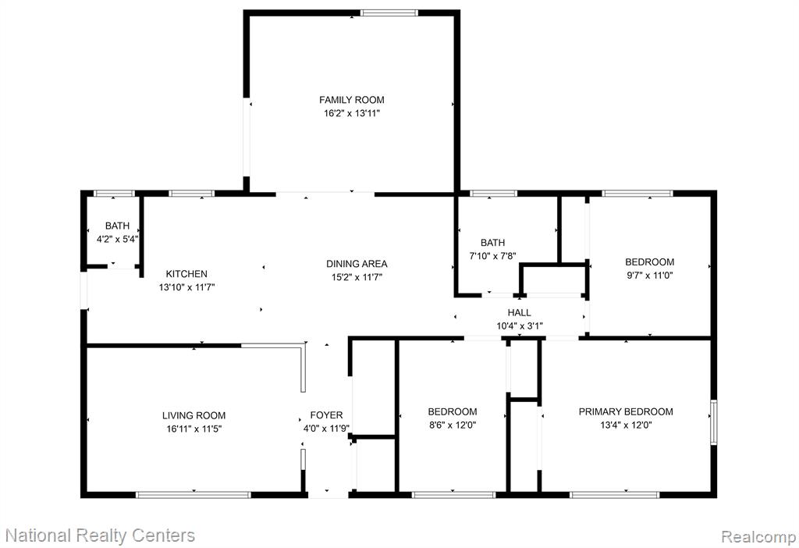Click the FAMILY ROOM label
pos(352,100)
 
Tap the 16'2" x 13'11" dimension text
pos(352,113)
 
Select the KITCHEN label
pos(186,274)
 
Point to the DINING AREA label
pos(357,264)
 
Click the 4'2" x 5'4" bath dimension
pos(117,239)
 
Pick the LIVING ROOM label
pos(194,415)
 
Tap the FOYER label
pos(327,415)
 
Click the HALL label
pos(519,312)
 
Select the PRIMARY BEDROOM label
pos(626,411)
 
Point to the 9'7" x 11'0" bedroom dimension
pos(650,276)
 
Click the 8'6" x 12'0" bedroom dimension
pos(453,425)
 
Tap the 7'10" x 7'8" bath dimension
pos(493,256)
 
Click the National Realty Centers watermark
pos(100,536)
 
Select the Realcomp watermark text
pos(758,536)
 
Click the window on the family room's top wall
pos(389,12)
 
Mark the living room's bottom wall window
pos(194,494)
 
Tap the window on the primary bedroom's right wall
pos(714,422)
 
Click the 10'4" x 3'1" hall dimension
pos(520,326)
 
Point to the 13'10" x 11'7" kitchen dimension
pos(186,287)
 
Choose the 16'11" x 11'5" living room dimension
pos(194,429)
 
